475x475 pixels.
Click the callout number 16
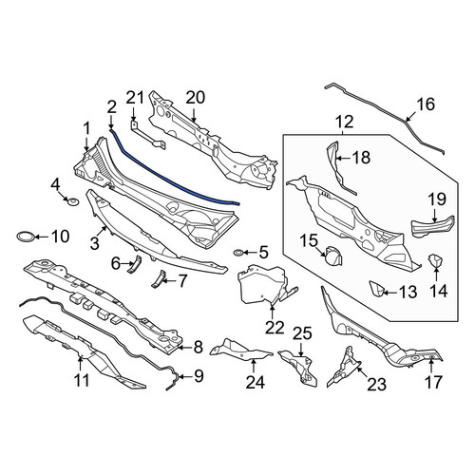tap(426, 104)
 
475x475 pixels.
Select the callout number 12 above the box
tap(345, 123)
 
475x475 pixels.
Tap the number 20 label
tap(196, 98)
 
